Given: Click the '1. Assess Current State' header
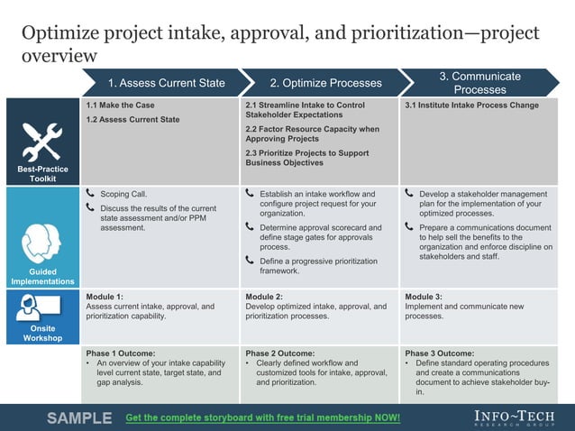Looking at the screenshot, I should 166,83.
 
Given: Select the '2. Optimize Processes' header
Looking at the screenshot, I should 325,83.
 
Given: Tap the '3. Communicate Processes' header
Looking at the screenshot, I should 479,83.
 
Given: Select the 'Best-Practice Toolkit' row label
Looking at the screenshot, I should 41,174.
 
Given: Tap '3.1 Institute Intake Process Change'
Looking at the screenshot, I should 471,105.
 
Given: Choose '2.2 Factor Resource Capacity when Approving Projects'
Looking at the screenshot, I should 312,134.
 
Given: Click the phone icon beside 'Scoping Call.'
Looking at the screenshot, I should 90,194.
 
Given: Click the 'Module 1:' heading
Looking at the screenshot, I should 105,297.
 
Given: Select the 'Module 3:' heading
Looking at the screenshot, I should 424,297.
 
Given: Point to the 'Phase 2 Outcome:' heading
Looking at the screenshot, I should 279,353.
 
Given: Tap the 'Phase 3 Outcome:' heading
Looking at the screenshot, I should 439,353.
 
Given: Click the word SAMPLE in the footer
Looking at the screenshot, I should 79,418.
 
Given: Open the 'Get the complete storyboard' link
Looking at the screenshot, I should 262,418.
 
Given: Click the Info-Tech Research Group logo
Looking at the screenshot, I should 514,417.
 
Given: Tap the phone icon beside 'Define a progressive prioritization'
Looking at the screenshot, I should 251,261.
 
